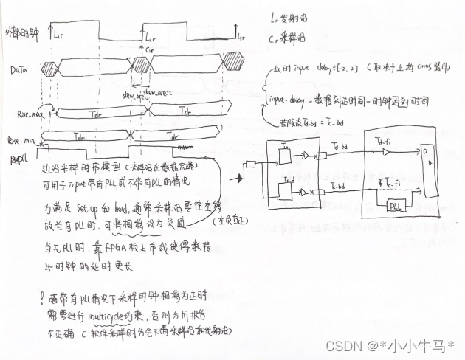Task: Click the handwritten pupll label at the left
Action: (18, 158)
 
